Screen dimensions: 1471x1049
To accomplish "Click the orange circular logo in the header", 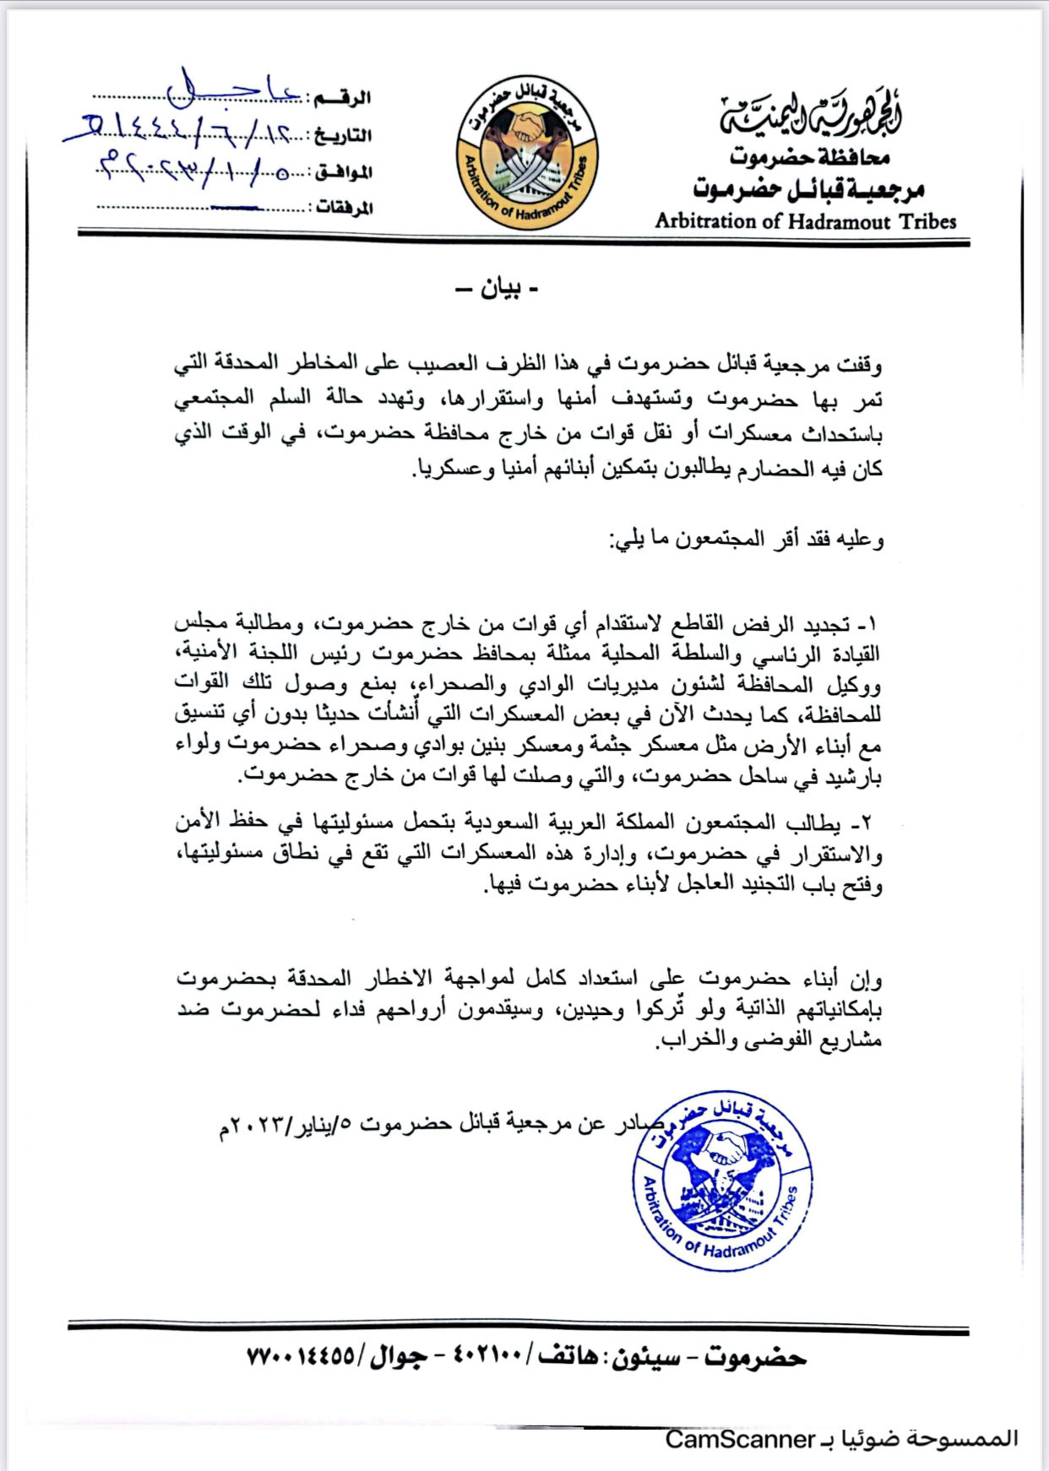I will (x=526, y=153).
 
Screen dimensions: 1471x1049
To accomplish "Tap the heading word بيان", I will (x=498, y=290).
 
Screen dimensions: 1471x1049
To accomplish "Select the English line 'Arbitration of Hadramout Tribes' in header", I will (x=805, y=221).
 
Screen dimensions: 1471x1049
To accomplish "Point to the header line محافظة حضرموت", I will (x=809, y=156).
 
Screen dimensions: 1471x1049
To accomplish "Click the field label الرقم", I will (x=342, y=99).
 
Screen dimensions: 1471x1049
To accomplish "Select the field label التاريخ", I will (x=342, y=136).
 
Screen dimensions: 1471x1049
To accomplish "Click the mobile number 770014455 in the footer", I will (x=300, y=1357).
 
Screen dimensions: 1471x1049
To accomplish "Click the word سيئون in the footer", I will (x=645, y=1357).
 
